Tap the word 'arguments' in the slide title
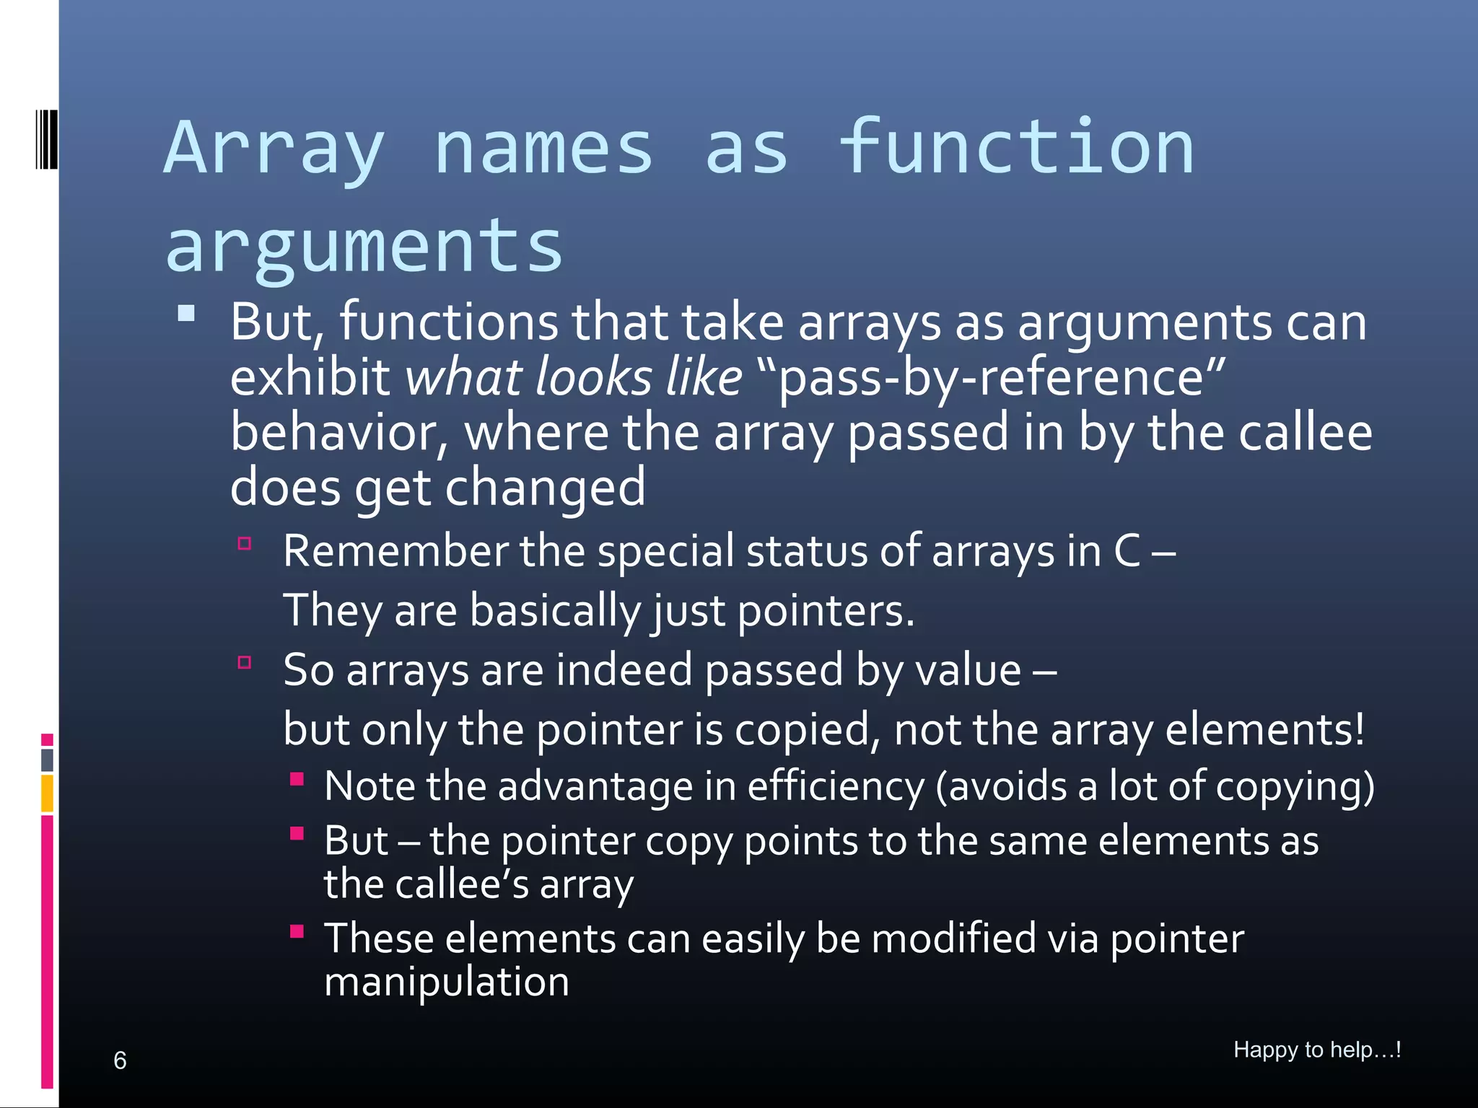364,247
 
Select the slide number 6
120,1060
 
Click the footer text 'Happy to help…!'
1317,1050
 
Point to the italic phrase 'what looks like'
574,377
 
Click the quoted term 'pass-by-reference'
993,377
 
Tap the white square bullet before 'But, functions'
186,313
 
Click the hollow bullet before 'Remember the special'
245,544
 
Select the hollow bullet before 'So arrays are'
245,662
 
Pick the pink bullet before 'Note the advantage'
297,778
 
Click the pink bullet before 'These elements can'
297,931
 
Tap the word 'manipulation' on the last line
447,982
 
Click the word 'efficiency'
835,786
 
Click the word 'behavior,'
340,433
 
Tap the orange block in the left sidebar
48,793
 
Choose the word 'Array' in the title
274,149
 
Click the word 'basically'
555,611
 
